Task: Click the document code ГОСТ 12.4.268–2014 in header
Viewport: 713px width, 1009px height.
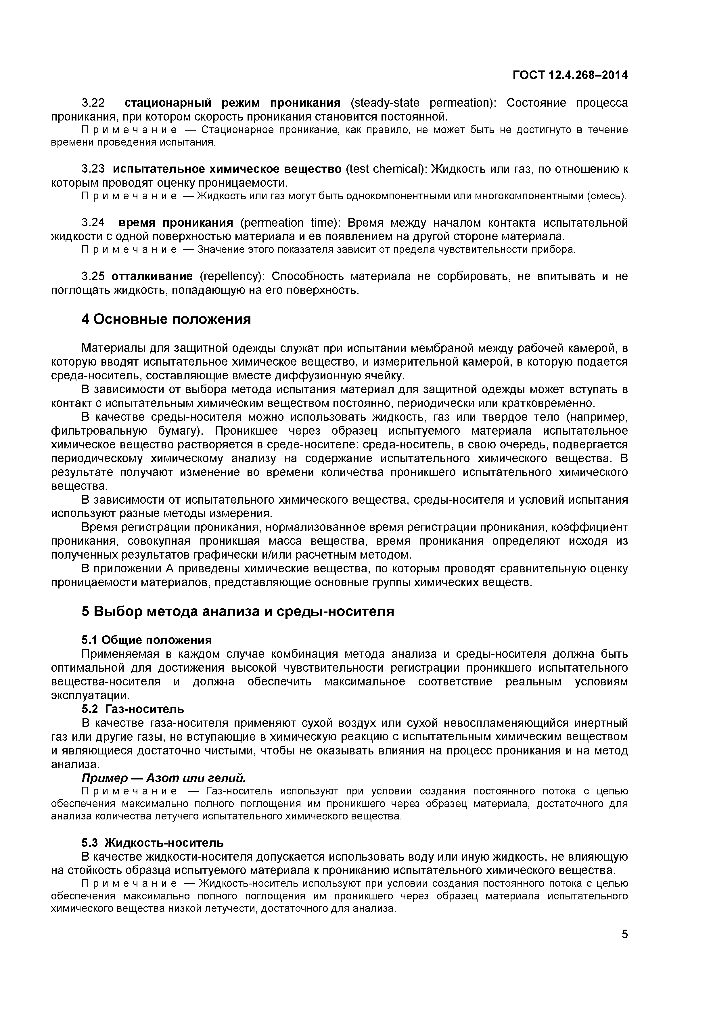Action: [570, 75]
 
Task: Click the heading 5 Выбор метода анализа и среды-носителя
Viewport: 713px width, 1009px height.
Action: [238, 611]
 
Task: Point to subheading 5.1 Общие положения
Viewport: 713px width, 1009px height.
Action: [147, 640]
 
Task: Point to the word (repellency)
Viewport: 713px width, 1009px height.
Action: [232, 276]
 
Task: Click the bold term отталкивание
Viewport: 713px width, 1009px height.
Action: [152, 276]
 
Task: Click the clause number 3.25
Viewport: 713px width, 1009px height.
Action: [93, 276]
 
